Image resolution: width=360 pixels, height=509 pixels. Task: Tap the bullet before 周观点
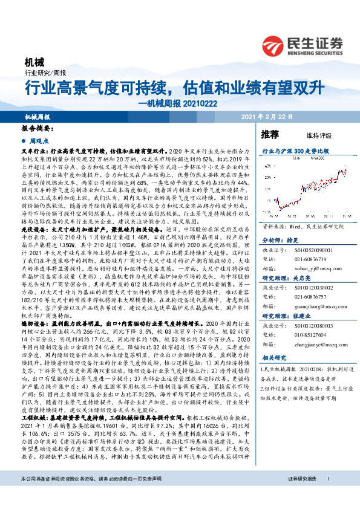(x=24, y=139)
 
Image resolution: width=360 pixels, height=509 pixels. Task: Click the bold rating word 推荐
(x=269, y=133)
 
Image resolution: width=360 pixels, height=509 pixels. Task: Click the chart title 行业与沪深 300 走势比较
(x=295, y=149)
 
